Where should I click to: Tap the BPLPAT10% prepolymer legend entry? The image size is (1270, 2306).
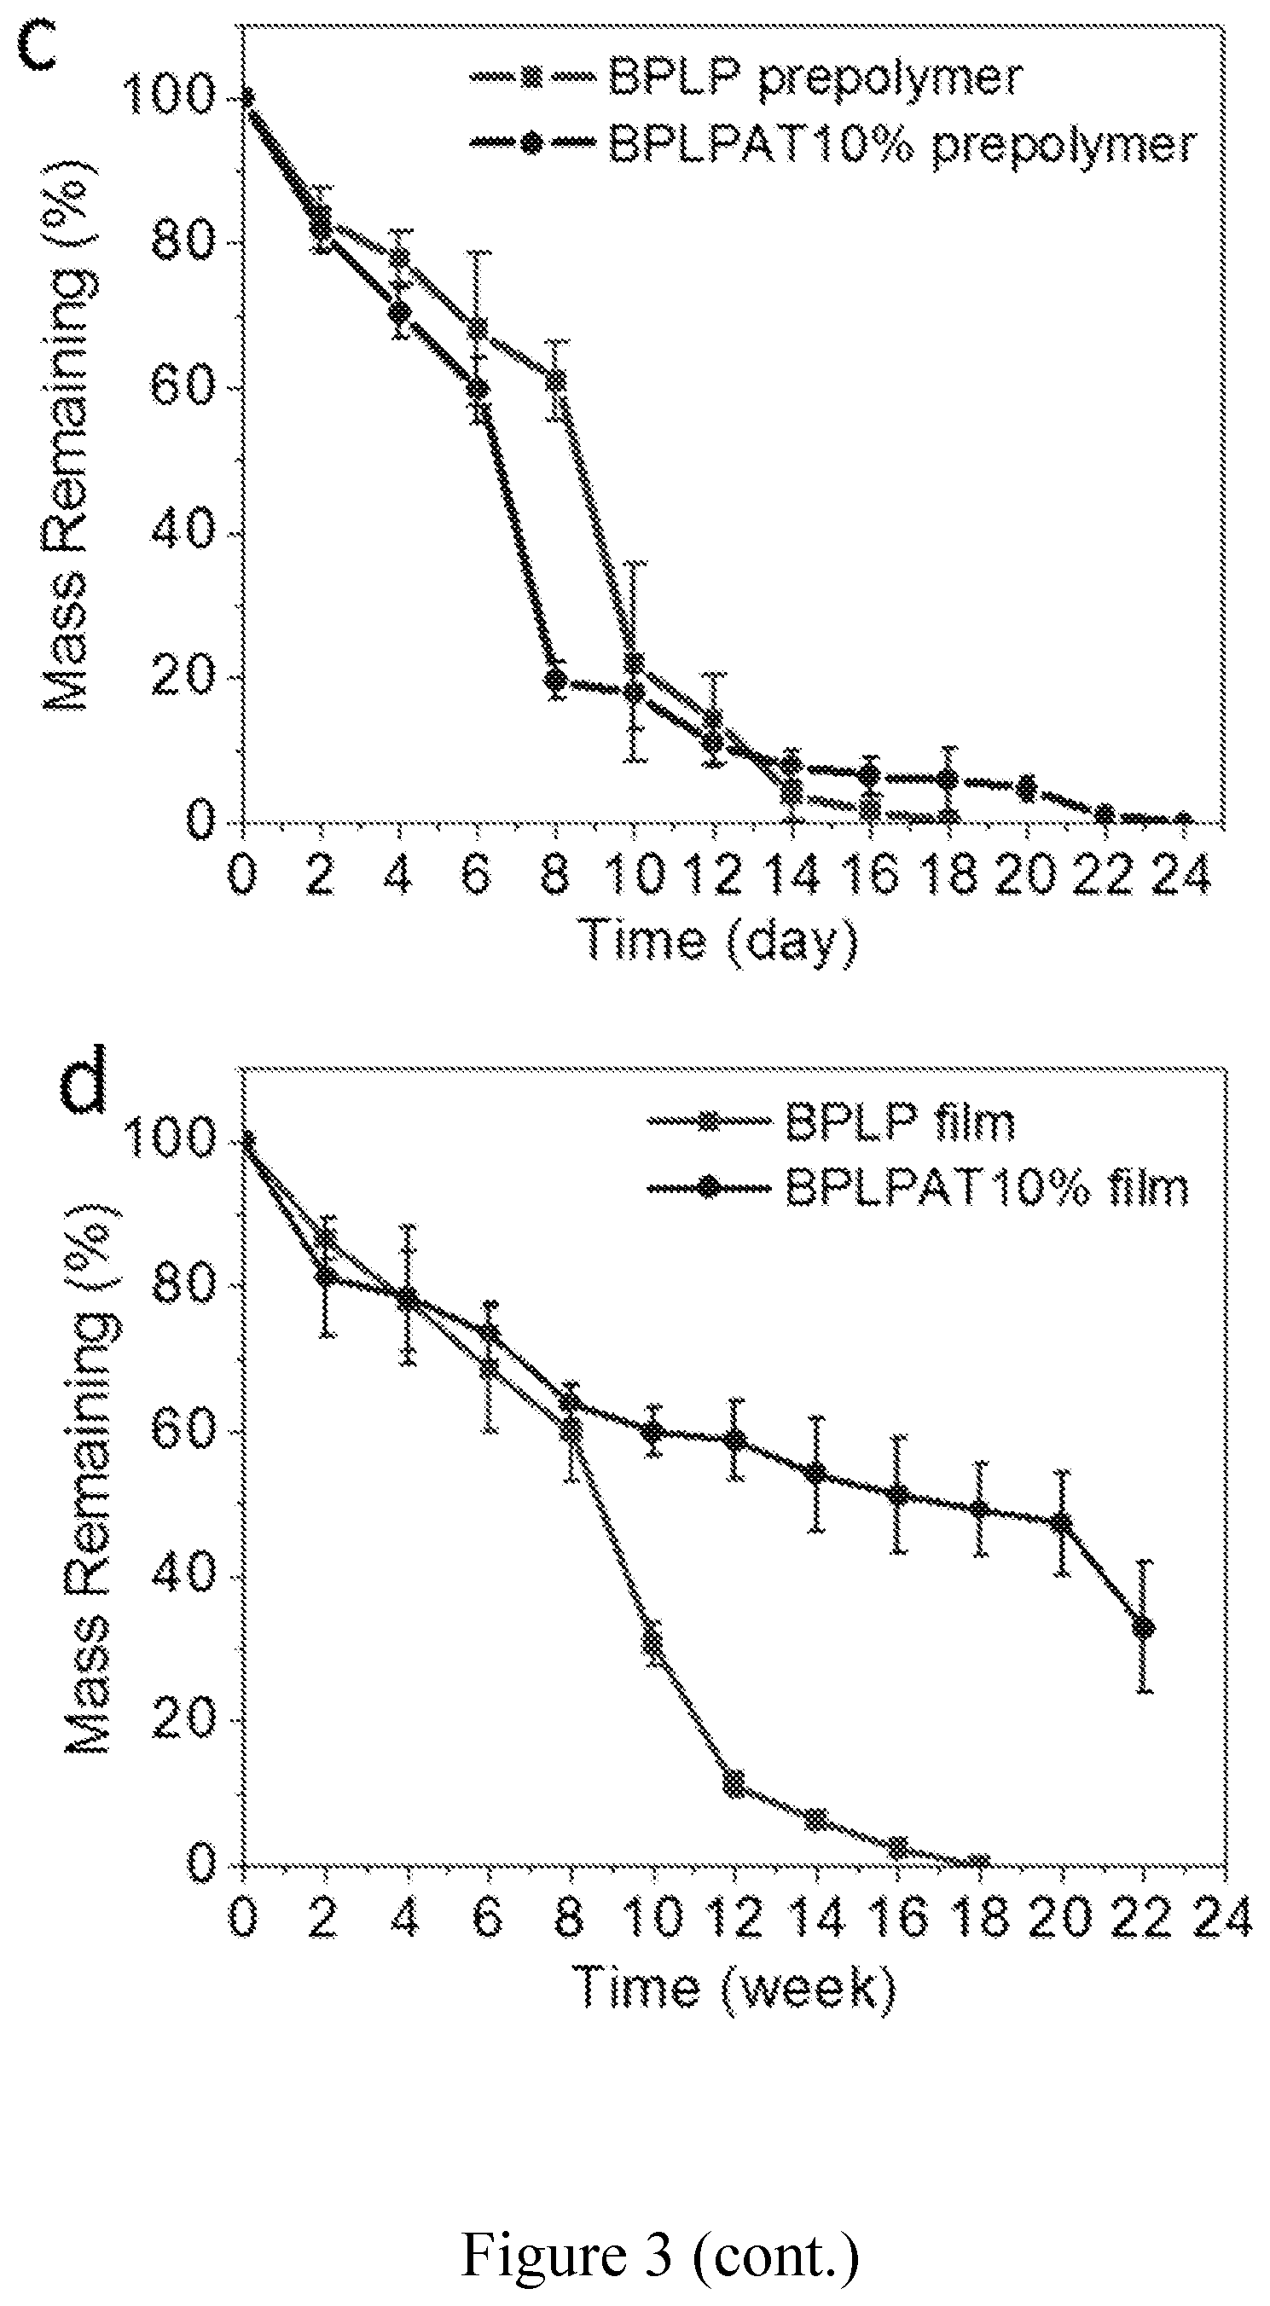pos(832,143)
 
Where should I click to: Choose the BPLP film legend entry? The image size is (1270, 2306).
pos(832,1121)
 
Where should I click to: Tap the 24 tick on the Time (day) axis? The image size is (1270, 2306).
pos(1180,873)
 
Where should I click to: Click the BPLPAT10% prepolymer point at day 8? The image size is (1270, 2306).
pos(556,679)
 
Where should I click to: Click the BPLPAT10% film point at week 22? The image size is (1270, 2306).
pos(1143,1626)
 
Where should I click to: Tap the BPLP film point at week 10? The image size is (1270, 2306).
pos(653,1642)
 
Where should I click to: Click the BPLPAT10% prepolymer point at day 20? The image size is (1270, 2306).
pos(1027,788)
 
